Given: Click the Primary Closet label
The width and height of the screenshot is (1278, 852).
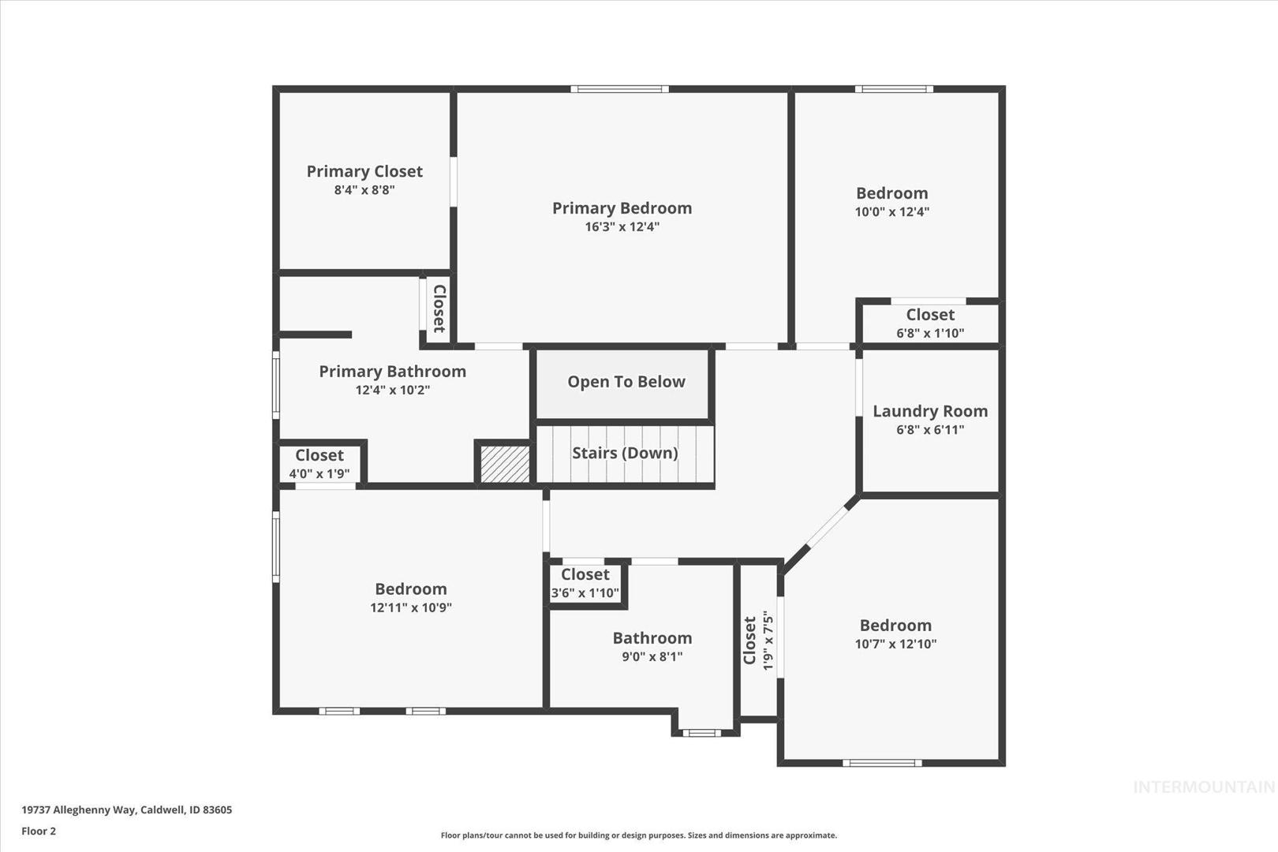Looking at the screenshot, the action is click(x=364, y=172).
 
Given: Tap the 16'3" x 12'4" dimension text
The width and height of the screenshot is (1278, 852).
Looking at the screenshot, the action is click(x=622, y=226).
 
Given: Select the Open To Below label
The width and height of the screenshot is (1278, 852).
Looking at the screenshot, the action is click(x=626, y=382).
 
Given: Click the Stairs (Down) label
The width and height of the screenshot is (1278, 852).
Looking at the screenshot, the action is click(x=625, y=453).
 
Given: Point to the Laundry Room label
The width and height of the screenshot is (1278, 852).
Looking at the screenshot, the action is click(x=930, y=412).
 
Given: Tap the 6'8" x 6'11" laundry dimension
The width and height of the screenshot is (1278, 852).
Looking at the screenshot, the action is click(x=930, y=430).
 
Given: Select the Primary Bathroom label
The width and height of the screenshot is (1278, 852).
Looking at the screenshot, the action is click(x=393, y=372).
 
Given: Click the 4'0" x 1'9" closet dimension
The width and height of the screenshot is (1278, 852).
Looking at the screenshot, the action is click(x=319, y=473).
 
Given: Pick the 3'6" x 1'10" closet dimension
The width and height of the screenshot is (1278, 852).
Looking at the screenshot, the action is click(x=585, y=593).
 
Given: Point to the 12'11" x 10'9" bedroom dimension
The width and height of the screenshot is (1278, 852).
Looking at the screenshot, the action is click(x=411, y=607).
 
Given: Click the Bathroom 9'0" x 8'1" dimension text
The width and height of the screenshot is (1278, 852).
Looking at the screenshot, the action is click(x=652, y=657).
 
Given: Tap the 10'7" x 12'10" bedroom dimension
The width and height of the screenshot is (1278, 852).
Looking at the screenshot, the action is click(x=895, y=645).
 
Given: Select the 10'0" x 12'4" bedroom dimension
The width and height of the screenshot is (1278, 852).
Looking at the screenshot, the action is click(x=891, y=211).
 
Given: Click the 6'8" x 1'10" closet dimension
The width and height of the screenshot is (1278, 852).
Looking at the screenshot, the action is click(x=930, y=333).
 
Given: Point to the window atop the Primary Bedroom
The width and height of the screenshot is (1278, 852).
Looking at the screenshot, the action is click(x=619, y=89).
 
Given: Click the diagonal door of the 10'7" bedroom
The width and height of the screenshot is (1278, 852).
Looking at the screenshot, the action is click(x=828, y=527).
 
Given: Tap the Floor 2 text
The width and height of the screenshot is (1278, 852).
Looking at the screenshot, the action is click(x=39, y=831).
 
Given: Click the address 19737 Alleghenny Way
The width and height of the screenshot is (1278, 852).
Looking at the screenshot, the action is click(x=79, y=809).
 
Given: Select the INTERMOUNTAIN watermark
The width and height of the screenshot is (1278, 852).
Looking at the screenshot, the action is click(x=1204, y=787).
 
